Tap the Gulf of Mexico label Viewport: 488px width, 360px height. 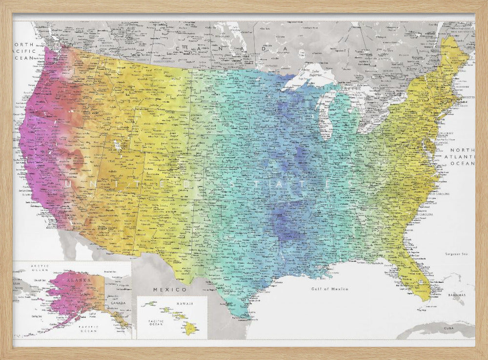click(x=330, y=289)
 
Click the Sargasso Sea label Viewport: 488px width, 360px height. click(x=456, y=254)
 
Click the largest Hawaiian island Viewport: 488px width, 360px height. click(x=189, y=328)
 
